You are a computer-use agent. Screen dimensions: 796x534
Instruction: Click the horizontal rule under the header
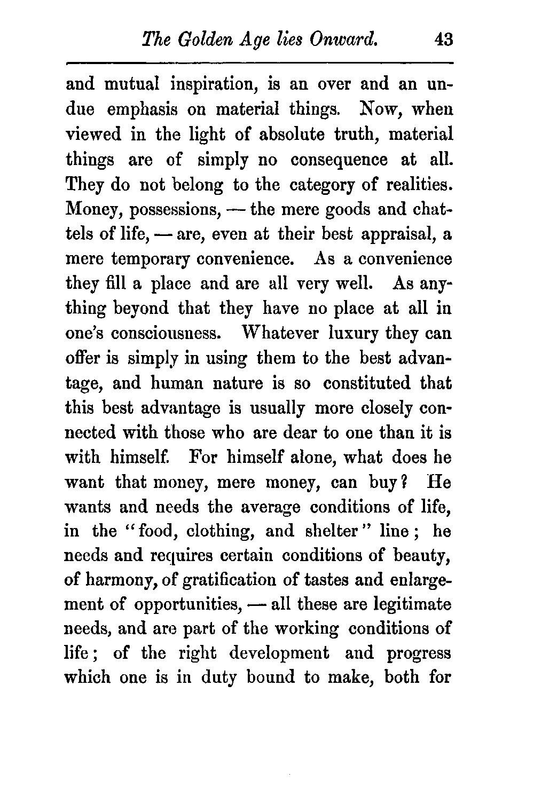pyautogui.click(x=259, y=64)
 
